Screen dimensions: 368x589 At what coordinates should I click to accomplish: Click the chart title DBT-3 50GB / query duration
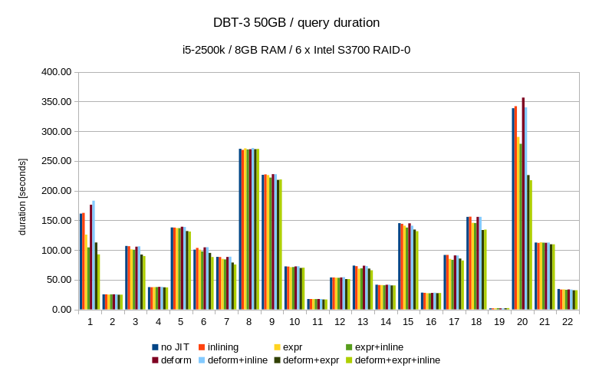pyautogui.click(x=295, y=23)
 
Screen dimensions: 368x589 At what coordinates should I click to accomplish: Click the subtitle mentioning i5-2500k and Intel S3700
pyautogui.click(x=295, y=50)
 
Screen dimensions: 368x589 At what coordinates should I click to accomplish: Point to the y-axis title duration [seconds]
pyautogui.click(x=22, y=196)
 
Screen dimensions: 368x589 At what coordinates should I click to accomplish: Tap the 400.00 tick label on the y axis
pyautogui.click(x=56, y=72)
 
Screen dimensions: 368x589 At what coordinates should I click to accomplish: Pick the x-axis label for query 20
pyautogui.click(x=522, y=322)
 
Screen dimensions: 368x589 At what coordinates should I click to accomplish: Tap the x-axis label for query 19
pyautogui.click(x=499, y=322)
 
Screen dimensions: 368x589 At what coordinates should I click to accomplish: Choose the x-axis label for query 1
pyautogui.click(x=90, y=322)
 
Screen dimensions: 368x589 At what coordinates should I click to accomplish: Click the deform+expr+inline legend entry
pyautogui.click(x=397, y=360)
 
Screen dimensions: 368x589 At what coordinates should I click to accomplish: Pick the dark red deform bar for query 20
pyautogui.click(x=523, y=203)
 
